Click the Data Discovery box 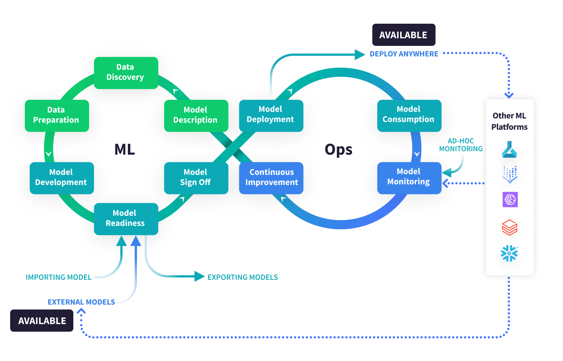click(126, 73)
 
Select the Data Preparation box click(57, 115)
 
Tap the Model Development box click(62, 178)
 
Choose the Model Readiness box click(126, 218)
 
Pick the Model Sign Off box click(196, 178)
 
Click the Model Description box click(196, 115)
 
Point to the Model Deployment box click(271, 115)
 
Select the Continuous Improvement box click(271, 178)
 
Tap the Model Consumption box click(409, 115)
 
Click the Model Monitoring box click(409, 177)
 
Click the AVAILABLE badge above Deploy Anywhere click(404, 35)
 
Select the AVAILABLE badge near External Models click(42, 321)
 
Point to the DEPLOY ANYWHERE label click(404, 54)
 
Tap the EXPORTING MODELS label click(243, 278)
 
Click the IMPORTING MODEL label click(59, 278)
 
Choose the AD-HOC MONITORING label click(461, 145)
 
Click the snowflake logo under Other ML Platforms click(509, 253)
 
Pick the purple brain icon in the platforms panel click(510, 199)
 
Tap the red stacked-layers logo click(510, 227)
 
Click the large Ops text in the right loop click(338, 150)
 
